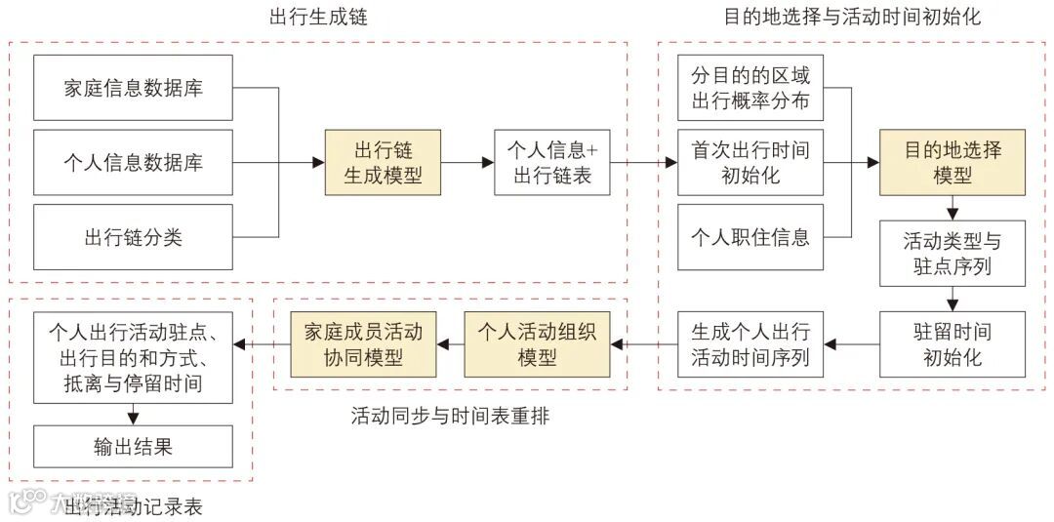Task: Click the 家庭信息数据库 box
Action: point(134,88)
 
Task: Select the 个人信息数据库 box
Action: point(134,162)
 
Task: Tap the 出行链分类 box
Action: point(134,236)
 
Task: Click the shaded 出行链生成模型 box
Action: point(383,162)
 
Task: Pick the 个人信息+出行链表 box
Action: point(552,162)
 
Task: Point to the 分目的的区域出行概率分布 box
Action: point(750,88)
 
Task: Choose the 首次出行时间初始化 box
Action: point(750,162)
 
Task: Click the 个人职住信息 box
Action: point(750,236)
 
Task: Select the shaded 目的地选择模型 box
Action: point(953,162)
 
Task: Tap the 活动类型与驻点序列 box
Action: point(953,253)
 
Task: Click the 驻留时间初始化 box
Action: point(953,343)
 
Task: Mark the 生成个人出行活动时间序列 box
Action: point(750,343)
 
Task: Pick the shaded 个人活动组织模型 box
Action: point(537,343)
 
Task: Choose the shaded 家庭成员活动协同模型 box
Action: point(363,343)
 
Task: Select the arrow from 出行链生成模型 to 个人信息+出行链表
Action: point(467,162)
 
